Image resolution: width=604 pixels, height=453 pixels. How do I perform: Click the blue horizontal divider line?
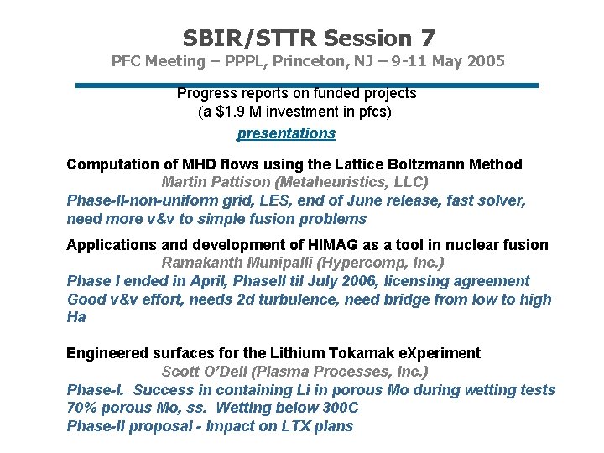coord(306,85)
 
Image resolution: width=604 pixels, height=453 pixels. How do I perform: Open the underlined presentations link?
coord(286,133)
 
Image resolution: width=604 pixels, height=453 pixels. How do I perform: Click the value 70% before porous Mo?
coord(81,408)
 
